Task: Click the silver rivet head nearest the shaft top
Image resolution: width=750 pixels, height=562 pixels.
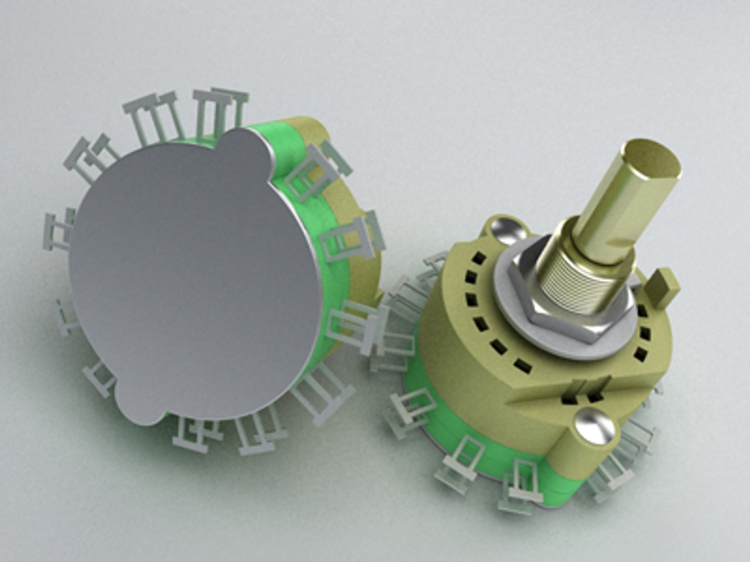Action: click(x=504, y=228)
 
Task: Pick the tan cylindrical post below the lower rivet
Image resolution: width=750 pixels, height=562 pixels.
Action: click(x=573, y=458)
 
